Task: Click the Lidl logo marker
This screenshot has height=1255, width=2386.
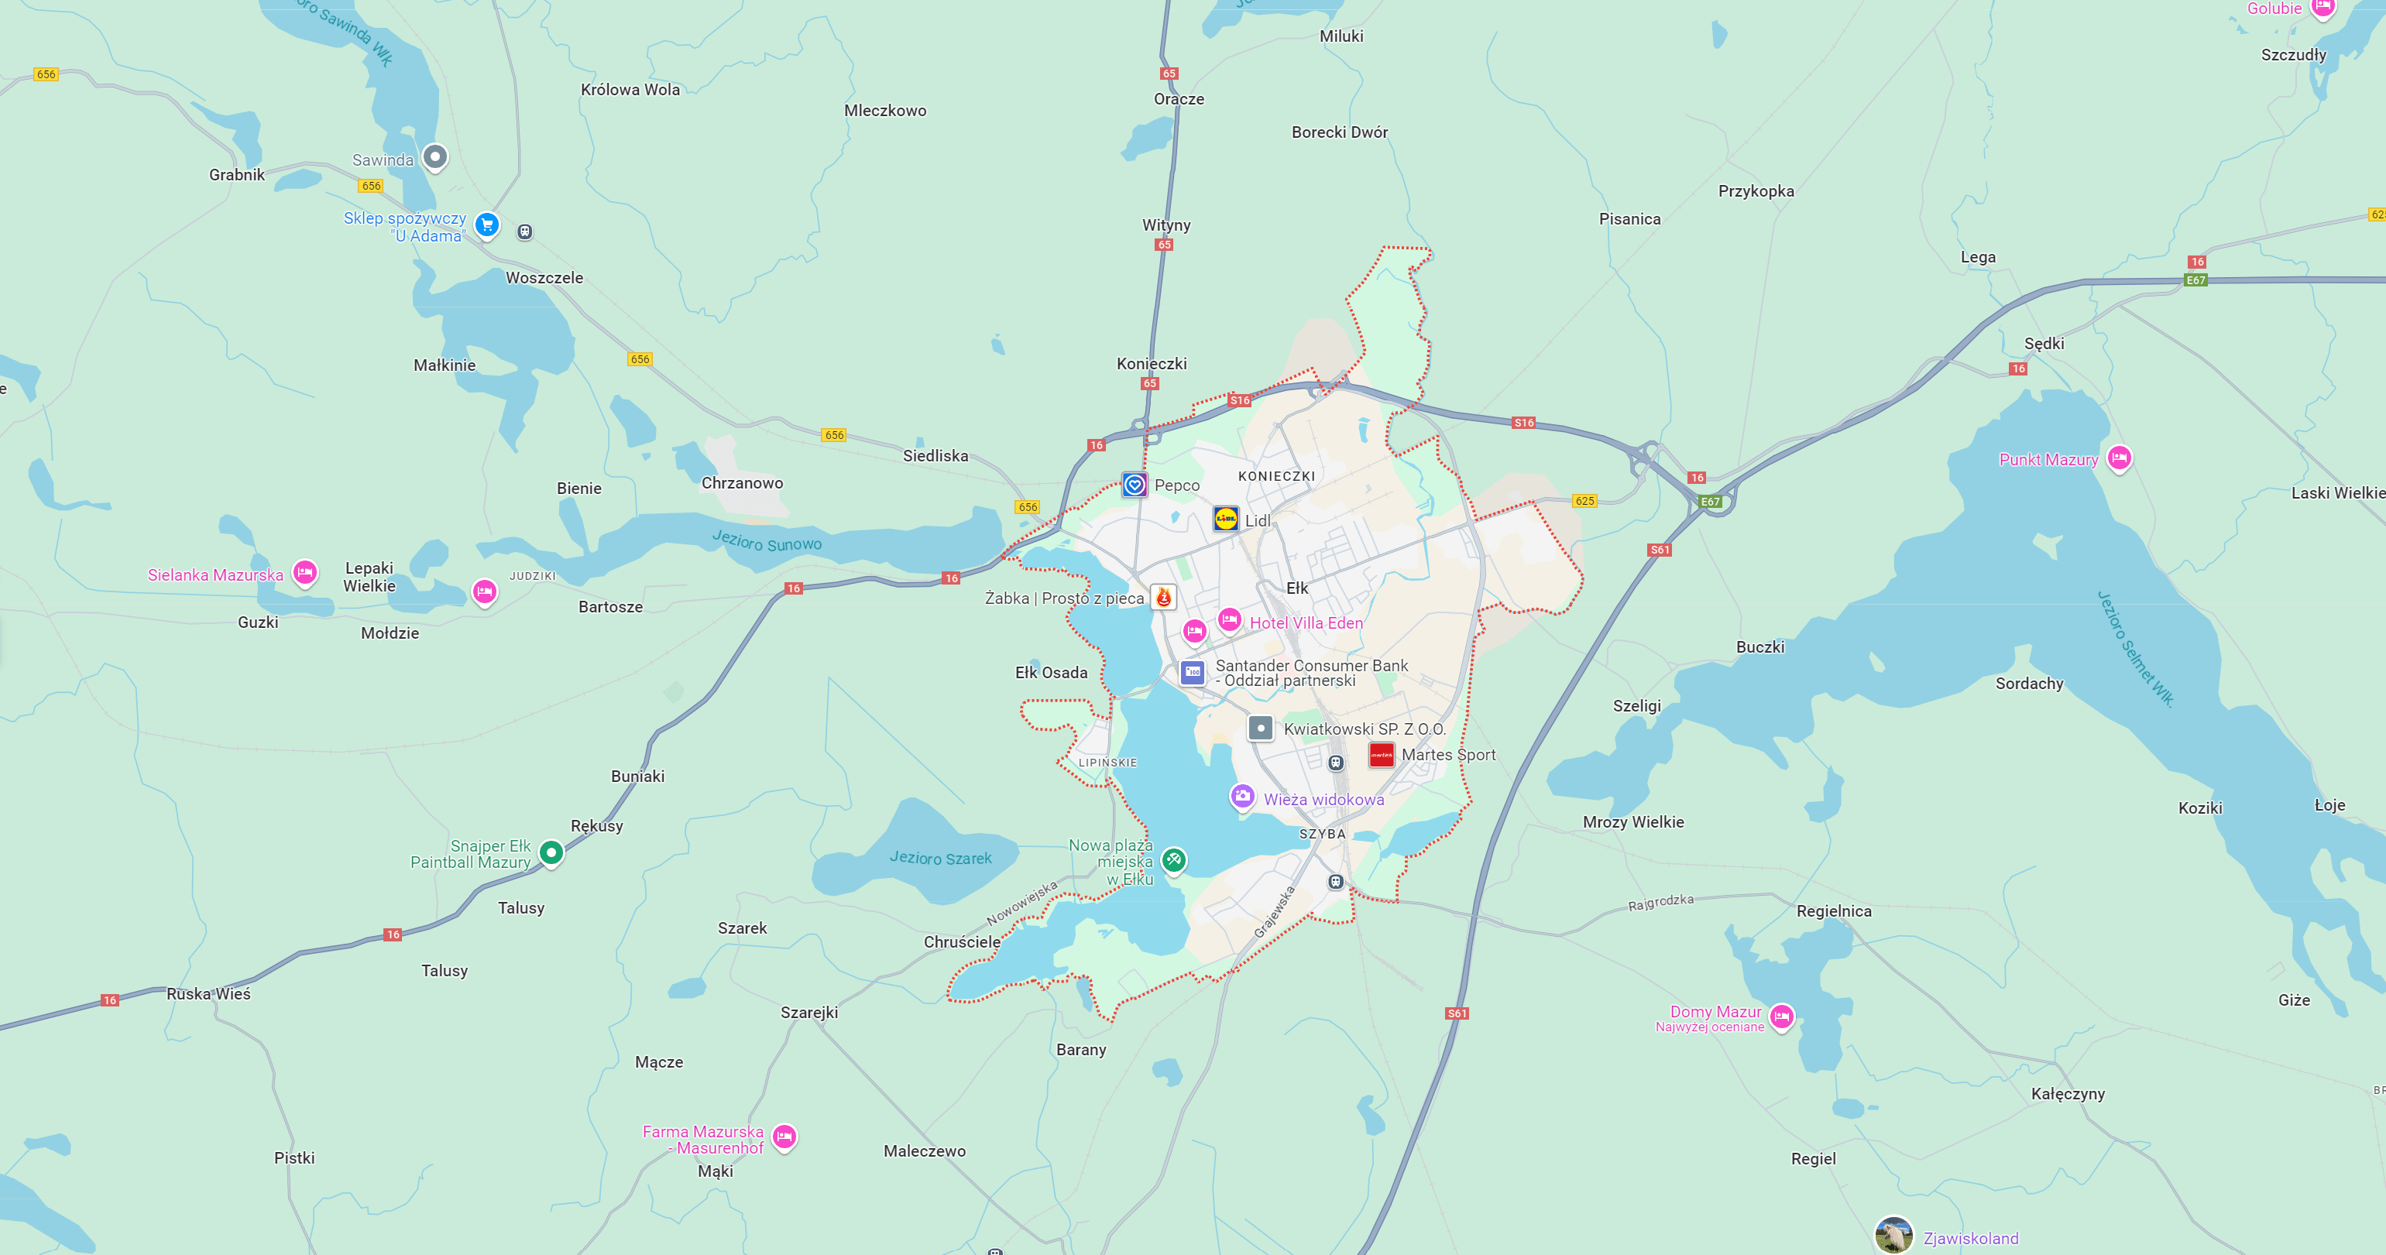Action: (x=1225, y=519)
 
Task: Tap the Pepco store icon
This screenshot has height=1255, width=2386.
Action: (x=1135, y=485)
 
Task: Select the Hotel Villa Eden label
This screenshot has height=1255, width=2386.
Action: (x=1306, y=623)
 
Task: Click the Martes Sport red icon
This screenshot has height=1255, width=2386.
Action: (x=1381, y=755)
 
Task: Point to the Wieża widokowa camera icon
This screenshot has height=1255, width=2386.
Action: (x=1242, y=797)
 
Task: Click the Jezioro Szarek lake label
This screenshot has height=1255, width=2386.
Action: (x=940, y=859)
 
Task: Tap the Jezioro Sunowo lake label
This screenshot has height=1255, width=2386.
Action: (x=766, y=541)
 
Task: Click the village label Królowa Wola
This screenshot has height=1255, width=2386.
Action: (x=630, y=90)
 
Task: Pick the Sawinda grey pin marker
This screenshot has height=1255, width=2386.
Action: (x=435, y=156)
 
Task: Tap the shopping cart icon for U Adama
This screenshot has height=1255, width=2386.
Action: (x=486, y=225)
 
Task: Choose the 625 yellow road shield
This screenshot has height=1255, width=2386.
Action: (x=1584, y=501)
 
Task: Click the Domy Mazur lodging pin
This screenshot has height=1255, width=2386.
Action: (x=1781, y=1016)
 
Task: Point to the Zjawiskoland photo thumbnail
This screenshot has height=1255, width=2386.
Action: (x=1893, y=1236)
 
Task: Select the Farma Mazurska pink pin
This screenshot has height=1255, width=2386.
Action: (x=784, y=1136)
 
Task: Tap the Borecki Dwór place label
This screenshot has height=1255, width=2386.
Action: (x=1339, y=132)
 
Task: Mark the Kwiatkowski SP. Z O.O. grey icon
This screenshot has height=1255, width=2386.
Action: (x=1260, y=728)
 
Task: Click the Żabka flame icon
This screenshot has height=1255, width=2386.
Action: (x=1163, y=598)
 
